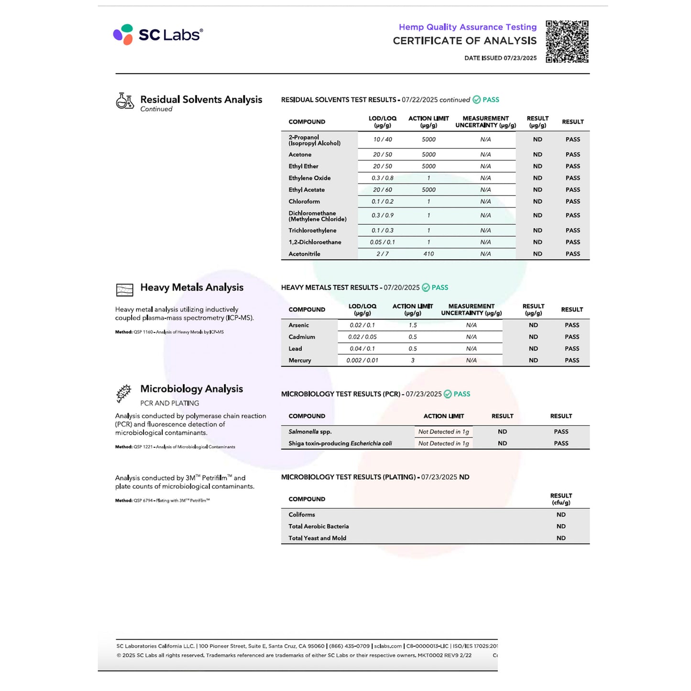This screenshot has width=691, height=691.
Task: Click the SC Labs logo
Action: (x=158, y=34)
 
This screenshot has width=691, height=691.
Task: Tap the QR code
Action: (x=567, y=42)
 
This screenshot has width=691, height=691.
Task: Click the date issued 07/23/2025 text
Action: (x=500, y=58)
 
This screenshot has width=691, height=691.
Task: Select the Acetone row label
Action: (x=300, y=154)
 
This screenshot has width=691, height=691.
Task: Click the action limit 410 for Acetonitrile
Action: (x=428, y=254)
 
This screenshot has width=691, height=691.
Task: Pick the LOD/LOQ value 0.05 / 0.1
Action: (x=382, y=242)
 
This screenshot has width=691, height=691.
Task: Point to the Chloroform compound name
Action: (x=304, y=201)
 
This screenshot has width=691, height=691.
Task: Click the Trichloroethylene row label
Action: (x=312, y=230)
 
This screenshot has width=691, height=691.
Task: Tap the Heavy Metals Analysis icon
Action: (x=125, y=290)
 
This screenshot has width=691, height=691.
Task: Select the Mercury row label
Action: (x=300, y=361)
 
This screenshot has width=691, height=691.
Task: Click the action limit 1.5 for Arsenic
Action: (x=413, y=325)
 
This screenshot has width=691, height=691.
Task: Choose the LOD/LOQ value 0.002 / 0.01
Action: (x=362, y=361)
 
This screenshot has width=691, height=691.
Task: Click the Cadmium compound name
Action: (x=302, y=337)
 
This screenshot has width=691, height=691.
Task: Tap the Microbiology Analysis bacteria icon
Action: (x=124, y=393)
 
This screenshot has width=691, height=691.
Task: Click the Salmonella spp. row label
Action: (x=310, y=432)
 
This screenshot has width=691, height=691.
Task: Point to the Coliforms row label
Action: (x=302, y=515)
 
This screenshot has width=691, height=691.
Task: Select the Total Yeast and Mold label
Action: (x=317, y=538)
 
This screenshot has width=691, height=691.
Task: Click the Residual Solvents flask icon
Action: (x=125, y=101)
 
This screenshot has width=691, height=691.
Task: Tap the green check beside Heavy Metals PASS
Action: (x=426, y=288)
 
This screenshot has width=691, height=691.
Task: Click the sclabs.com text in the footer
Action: (x=388, y=646)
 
